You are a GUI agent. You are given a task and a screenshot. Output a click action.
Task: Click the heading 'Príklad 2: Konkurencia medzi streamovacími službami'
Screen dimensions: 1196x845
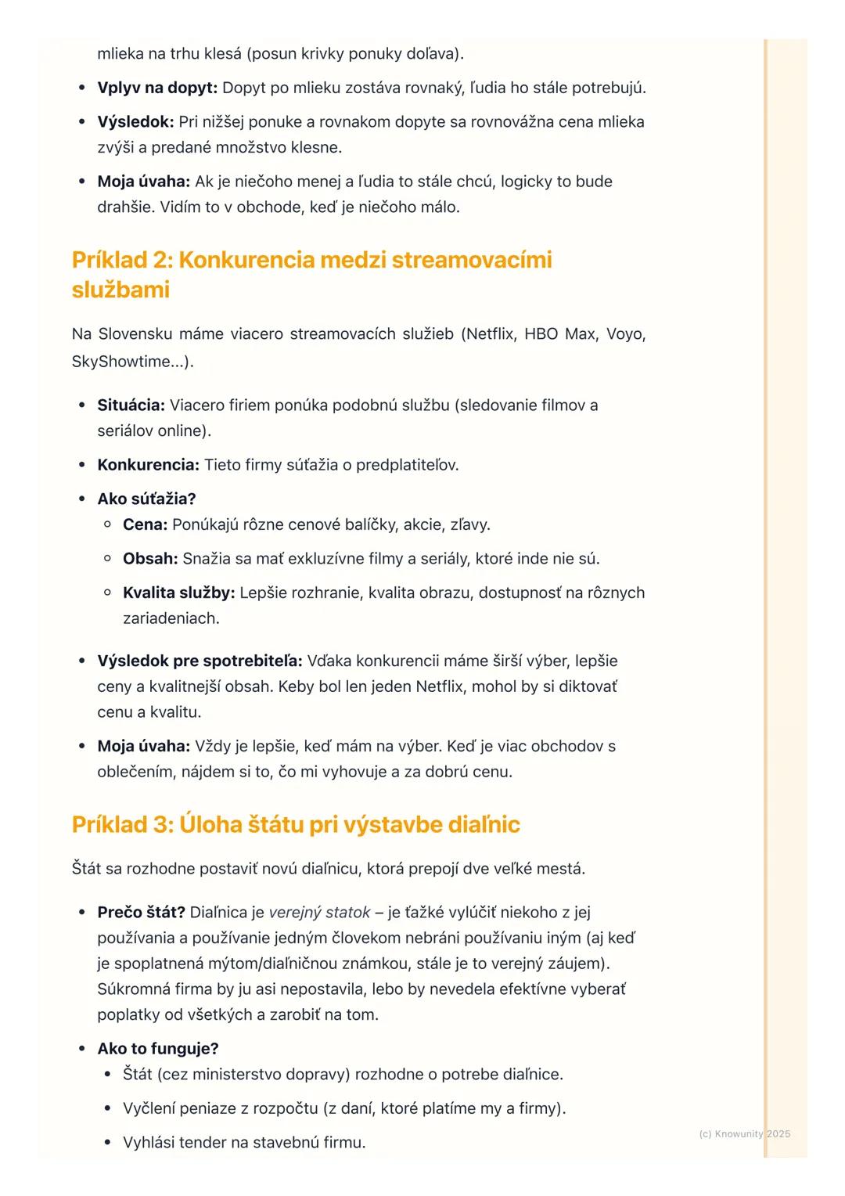click(311, 274)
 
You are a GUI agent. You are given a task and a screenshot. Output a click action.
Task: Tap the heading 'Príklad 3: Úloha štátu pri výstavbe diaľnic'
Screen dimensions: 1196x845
click(296, 824)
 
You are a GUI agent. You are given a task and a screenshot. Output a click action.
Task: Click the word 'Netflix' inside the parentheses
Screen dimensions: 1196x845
click(491, 334)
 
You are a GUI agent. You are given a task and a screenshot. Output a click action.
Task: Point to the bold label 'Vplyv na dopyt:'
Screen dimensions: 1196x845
click(156, 88)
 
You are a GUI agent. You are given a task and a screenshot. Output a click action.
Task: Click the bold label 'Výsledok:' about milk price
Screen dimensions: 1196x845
click(135, 122)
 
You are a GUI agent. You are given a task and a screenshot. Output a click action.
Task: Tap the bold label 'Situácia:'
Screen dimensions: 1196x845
click(131, 405)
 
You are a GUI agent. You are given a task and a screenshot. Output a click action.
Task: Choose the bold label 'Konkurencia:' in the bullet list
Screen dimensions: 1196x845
click(148, 465)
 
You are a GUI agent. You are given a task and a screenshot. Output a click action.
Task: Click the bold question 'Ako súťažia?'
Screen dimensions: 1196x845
click(146, 499)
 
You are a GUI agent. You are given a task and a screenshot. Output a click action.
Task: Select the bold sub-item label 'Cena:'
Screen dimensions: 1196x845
click(145, 524)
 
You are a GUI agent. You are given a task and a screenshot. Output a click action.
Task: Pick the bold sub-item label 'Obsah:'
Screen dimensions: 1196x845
click(150, 559)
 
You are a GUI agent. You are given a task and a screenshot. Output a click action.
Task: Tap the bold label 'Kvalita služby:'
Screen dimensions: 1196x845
click(178, 593)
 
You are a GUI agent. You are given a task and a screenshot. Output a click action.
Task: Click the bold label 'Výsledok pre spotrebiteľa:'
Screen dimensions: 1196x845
click(200, 661)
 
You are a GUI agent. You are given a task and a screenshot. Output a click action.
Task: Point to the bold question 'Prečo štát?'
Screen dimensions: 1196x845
click(141, 912)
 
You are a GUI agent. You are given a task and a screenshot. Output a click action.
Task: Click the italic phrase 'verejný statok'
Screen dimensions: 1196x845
click(319, 912)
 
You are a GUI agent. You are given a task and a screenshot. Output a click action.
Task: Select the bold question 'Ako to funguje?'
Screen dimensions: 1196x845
click(157, 1048)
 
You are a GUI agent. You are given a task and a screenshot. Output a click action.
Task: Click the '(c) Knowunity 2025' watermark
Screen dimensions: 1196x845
click(744, 1133)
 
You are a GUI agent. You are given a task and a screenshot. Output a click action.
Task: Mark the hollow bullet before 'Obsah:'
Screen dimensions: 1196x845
click(108, 559)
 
